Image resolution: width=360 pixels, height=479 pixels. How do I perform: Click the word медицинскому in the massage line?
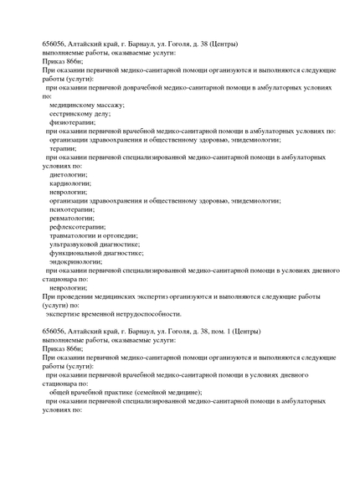point(74,105)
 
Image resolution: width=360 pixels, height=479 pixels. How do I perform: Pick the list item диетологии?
point(69,174)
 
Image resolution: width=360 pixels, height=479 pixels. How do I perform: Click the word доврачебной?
point(147,87)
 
